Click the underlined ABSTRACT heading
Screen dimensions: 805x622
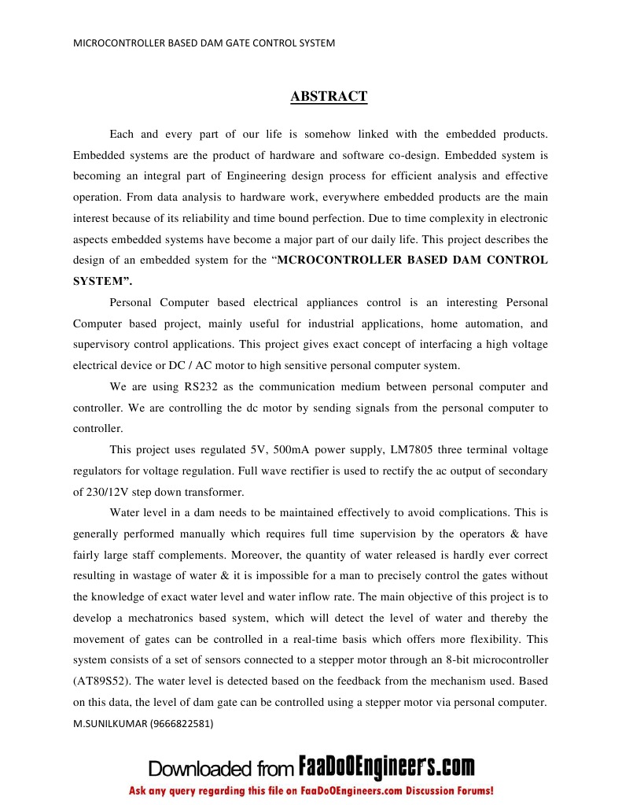coord(329,97)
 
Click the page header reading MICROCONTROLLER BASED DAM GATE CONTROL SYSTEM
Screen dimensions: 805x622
coord(204,43)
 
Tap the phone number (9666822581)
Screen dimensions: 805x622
coord(182,722)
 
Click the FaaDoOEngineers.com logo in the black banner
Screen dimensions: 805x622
coord(387,766)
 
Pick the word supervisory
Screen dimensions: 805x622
coord(103,345)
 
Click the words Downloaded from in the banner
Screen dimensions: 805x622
coord(221,768)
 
